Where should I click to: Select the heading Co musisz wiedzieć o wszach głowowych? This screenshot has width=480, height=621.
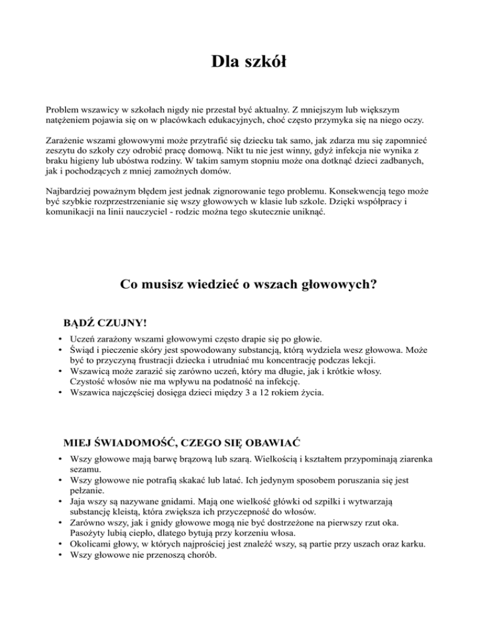(x=247, y=285)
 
